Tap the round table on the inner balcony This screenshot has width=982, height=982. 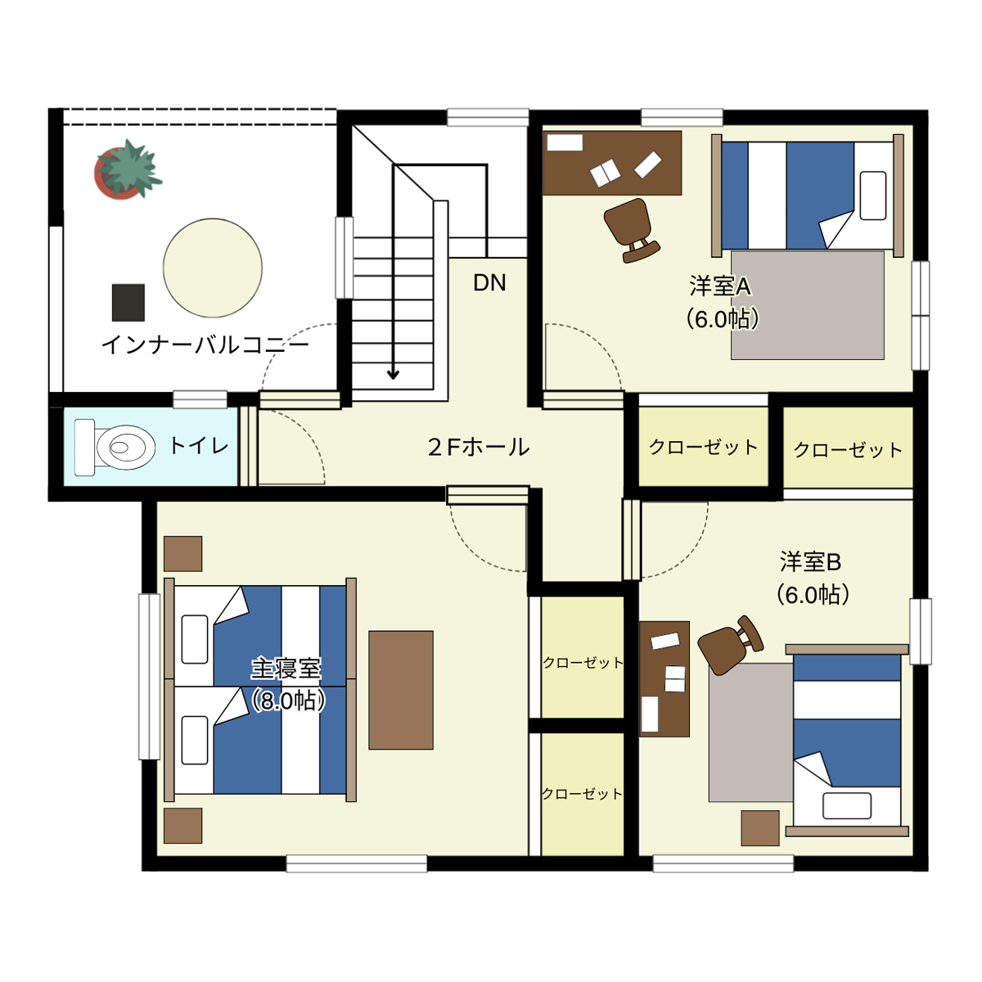(x=213, y=268)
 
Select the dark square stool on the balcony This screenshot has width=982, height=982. (x=128, y=303)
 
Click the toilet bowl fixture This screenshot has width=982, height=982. (x=115, y=448)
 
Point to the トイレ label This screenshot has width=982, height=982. (x=199, y=446)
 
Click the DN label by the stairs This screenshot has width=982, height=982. (x=489, y=283)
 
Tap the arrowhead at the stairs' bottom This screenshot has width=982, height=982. (x=393, y=375)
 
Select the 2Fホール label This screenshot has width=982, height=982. (x=479, y=448)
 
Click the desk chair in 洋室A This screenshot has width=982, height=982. (x=631, y=230)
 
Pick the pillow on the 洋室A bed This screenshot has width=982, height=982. (x=873, y=196)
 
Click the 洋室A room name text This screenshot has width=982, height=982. (x=720, y=286)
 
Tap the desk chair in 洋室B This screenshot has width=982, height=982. (x=730, y=645)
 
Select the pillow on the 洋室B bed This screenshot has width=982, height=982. (x=846, y=806)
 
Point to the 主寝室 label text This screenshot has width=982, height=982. (x=286, y=669)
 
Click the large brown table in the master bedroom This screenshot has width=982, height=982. (x=400, y=690)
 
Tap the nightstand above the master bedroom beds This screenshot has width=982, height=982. (x=182, y=553)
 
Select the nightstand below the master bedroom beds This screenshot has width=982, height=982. (x=182, y=826)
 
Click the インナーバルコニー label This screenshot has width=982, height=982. (x=205, y=345)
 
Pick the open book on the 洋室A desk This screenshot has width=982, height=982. (x=605, y=173)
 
